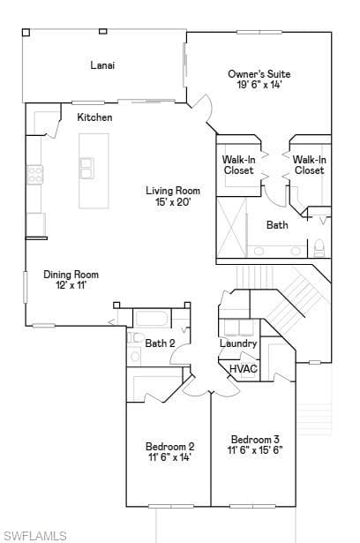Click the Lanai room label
(x=102, y=65)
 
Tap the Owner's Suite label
(x=259, y=74)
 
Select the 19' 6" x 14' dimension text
(x=259, y=85)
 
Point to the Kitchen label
(x=94, y=117)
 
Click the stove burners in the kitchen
(x=35, y=174)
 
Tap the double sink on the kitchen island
(x=86, y=169)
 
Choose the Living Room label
(x=173, y=191)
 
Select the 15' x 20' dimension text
(x=173, y=201)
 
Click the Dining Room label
(x=71, y=275)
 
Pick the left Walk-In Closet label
(x=239, y=165)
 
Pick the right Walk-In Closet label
(x=309, y=165)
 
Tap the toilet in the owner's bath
(x=319, y=248)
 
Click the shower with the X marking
(x=232, y=227)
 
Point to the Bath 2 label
(x=160, y=343)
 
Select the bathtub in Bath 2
(x=152, y=318)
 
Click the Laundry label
(x=238, y=343)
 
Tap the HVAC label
(x=244, y=368)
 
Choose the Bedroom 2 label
(x=169, y=447)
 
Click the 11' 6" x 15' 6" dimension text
(x=255, y=450)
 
